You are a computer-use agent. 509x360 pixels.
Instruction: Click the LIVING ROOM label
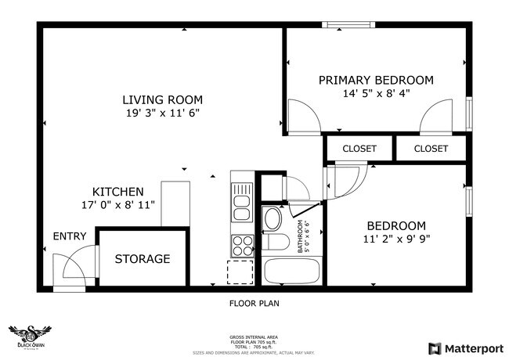(162, 99)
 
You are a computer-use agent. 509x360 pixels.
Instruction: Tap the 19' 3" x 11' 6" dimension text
(162, 113)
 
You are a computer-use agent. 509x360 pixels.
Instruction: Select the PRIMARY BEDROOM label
(376, 80)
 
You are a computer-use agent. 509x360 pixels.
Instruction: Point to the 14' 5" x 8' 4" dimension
(376, 93)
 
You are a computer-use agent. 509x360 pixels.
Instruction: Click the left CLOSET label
(359, 149)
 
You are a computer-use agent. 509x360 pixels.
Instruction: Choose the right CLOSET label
(431, 149)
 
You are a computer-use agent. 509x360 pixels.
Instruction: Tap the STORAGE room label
(143, 259)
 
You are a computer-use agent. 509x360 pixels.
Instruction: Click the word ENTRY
(69, 236)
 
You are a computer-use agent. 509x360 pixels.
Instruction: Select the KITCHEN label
(117, 192)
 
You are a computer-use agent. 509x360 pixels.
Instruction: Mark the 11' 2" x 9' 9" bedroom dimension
(396, 239)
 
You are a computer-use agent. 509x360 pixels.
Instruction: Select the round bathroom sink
(273, 218)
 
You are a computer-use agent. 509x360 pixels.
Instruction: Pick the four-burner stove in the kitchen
(242, 246)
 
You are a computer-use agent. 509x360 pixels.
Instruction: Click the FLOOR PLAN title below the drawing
(254, 302)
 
